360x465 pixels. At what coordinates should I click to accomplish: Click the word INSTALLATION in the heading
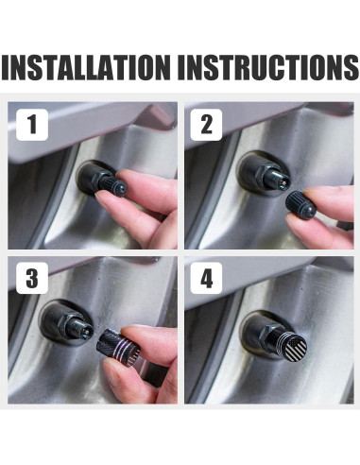tap(86, 67)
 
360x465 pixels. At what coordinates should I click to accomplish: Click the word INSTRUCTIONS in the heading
tap(268, 67)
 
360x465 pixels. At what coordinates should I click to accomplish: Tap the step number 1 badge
tap(32, 125)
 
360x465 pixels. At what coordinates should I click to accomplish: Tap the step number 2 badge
tap(206, 125)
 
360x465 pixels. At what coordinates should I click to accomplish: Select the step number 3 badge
tap(32, 278)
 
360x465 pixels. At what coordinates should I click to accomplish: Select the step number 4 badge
tap(206, 278)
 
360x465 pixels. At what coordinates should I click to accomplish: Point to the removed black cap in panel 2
tap(300, 205)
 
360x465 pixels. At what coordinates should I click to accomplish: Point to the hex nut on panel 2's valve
tap(258, 174)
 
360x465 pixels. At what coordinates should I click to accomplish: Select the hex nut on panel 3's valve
tap(71, 325)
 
